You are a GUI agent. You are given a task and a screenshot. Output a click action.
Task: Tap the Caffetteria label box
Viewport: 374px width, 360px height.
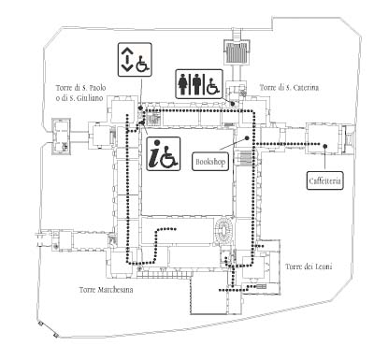point(325,180)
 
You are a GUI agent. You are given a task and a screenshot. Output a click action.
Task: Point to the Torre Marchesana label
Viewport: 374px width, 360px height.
point(106,290)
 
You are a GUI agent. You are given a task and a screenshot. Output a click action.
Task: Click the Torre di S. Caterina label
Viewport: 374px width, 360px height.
point(289,88)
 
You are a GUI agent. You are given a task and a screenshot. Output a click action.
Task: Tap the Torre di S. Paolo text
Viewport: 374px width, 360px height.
point(81,88)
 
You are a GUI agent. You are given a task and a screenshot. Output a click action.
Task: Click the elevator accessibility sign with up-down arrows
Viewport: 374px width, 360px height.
point(135,60)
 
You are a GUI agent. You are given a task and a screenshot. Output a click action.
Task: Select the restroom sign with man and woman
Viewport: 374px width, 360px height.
point(199,84)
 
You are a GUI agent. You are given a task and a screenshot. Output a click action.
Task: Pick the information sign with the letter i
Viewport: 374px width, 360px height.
point(164,153)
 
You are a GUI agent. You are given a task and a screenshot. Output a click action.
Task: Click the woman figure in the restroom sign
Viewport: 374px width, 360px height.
point(182,84)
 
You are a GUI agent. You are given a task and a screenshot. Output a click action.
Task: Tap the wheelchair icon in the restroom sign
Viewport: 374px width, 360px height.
point(213,86)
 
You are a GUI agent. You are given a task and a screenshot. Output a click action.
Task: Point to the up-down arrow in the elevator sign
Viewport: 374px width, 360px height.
point(126,59)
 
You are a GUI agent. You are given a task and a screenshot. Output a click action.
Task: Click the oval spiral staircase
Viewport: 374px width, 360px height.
point(223,231)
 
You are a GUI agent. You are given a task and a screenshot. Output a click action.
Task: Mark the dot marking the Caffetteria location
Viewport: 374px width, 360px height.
point(325,146)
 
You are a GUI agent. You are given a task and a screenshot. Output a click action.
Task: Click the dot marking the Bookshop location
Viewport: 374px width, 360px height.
point(248,137)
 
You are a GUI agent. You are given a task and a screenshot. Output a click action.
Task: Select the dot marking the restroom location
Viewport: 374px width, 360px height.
point(232,103)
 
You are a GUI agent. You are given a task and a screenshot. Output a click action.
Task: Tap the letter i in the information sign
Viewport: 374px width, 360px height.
point(154,154)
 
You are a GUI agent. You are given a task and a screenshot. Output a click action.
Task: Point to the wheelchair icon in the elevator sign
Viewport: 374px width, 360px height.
point(143,63)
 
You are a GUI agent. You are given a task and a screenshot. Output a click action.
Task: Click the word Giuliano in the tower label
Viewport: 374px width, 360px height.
point(90,98)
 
